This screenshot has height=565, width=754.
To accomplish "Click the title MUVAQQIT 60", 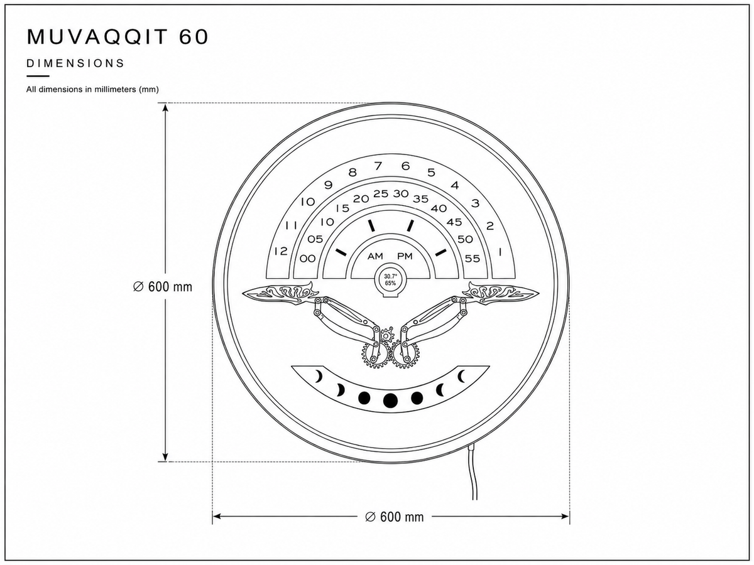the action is (x=117, y=36).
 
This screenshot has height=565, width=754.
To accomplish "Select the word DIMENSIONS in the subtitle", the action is (x=75, y=63).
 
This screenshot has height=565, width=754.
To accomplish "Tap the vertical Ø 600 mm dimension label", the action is (x=163, y=287).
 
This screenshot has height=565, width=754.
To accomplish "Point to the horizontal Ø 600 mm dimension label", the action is (x=395, y=517).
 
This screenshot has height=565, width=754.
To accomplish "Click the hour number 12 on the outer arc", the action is (x=281, y=252).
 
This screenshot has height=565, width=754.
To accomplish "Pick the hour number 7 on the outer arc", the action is (x=378, y=166).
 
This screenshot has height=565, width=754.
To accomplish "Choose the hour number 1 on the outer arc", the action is (x=500, y=252).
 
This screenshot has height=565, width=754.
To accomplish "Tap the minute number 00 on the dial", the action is (x=307, y=259).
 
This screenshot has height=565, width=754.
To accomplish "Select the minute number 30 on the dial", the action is (x=401, y=194).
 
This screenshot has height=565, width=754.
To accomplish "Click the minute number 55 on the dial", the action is (x=473, y=259).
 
